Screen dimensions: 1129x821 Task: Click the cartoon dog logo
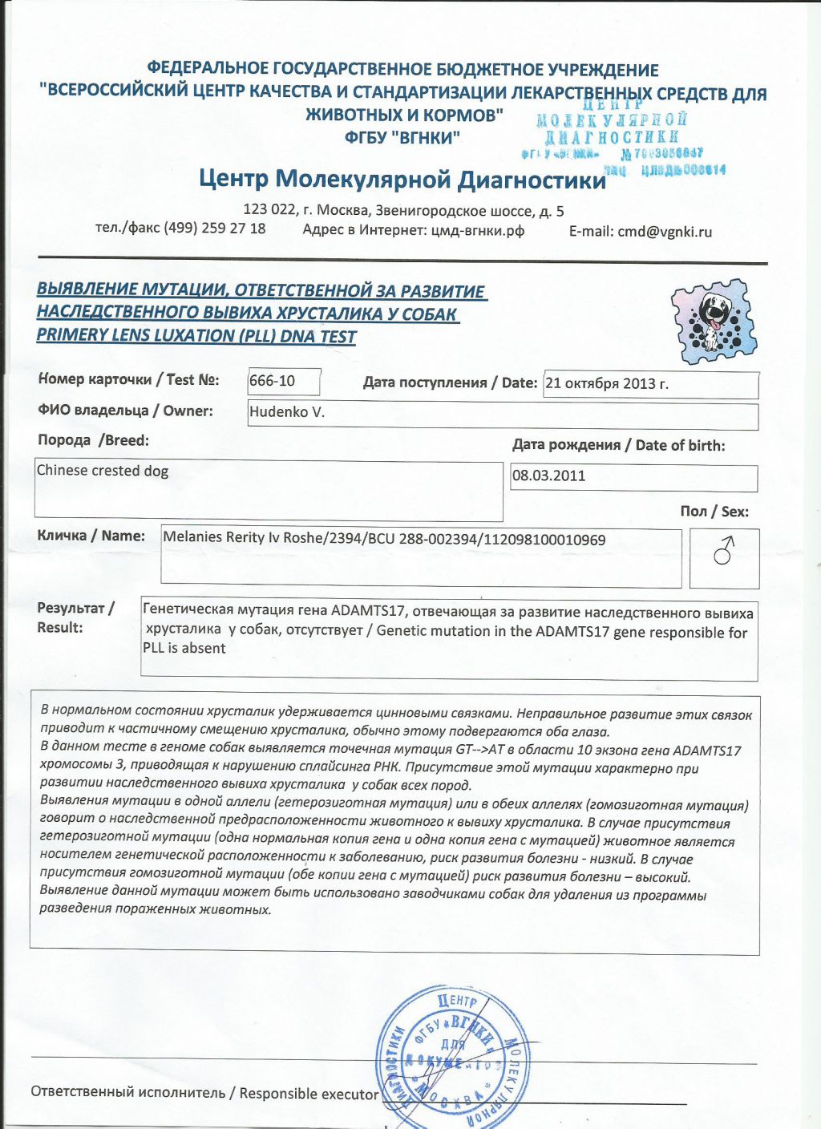pyautogui.click(x=713, y=321)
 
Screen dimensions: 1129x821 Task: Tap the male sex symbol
pyautogui.click(x=724, y=552)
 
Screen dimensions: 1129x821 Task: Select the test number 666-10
pyautogui.click(x=273, y=381)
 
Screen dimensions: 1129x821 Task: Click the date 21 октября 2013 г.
pyautogui.click(x=607, y=383)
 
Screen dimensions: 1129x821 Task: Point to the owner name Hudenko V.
pyautogui.click(x=287, y=412)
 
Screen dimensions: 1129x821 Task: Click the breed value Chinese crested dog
pyautogui.click(x=103, y=471)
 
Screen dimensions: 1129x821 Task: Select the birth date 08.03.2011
pyautogui.click(x=549, y=475)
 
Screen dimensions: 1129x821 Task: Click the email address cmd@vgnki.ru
pyautogui.click(x=665, y=232)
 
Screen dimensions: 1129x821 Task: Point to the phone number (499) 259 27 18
pyautogui.click(x=215, y=229)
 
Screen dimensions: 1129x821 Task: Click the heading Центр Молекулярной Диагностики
pyautogui.click(x=402, y=179)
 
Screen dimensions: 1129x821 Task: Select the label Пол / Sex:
pyautogui.click(x=714, y=512)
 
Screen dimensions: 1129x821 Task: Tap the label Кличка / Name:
pyautogui.click(x=91, y=536)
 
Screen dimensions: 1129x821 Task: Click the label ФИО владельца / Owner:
pyautogui.click(x=125, y=411)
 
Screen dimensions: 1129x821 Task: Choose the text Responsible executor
pyautogui.click(x=309, y=1093)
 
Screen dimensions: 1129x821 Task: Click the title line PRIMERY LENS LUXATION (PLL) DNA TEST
pyautogui.click(x=196, y=336)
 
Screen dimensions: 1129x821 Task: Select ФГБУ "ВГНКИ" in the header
pyautogui.click(x=402, y=138)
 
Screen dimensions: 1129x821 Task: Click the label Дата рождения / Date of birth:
pyautogui.click(x=618, y=445)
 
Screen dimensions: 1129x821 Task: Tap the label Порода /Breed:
pyautogui.click(x=93, y=440)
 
